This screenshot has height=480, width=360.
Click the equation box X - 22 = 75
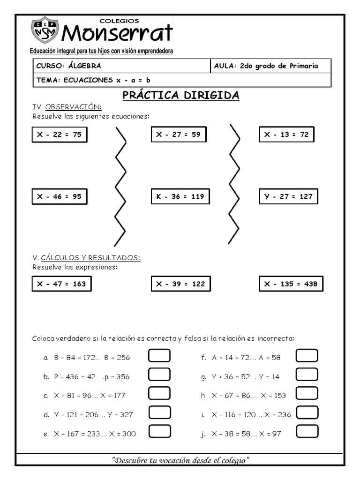[x=60, y=135]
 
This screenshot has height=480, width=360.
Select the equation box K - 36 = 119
[x=180, y=197]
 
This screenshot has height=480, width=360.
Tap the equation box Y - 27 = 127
[x=288, y=197]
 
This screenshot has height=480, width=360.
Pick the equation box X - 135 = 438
[x=291, y=284]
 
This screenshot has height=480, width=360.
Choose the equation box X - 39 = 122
[x=180, y=284]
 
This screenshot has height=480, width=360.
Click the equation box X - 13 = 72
[x=286, y=135]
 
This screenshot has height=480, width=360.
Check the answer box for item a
[x=159, y=357]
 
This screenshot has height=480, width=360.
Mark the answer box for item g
[x=307, y=375]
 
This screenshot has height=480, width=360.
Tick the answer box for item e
[x=159, y=432]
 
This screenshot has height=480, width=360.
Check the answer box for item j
[x=307, y=432]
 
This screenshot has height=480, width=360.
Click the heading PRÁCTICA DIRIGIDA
[x=181, y=96]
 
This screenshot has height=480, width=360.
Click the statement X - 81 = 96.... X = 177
[x=90, y=395]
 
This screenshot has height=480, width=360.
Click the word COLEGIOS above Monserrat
[x=119, y=21]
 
